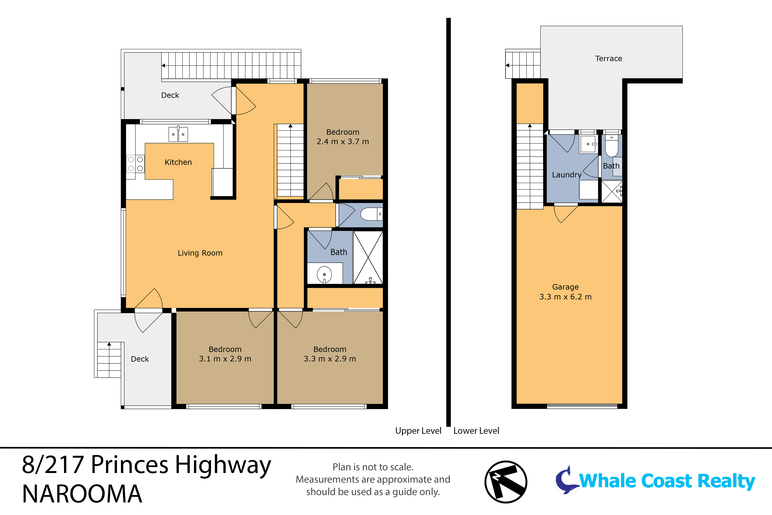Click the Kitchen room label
point(178,162)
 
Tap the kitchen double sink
point(178,134)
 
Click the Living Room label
point(200,253)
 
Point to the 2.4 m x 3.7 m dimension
point(343,142)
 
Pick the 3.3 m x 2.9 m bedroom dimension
point(330,359)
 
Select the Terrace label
point(609,58)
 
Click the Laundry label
point(566,175)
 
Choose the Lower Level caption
point(476,431)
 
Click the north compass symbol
point(506,482)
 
